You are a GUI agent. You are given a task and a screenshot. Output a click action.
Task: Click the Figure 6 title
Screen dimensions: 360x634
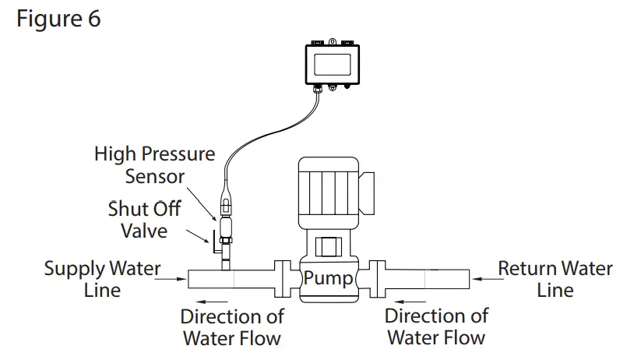click(58, 19)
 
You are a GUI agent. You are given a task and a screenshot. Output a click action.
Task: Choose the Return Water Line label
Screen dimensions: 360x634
click(555, 279)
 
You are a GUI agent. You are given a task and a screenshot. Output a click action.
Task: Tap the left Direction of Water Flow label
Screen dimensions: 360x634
click(232, 327)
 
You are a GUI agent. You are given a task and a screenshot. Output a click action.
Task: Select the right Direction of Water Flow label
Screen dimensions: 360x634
click(436, 326)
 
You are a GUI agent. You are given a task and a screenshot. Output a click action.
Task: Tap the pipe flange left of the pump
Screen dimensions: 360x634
click(280, 278)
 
